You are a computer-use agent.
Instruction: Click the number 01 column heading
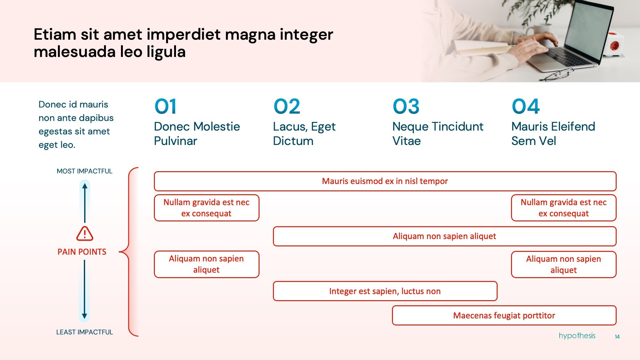pyautogui.click(x=165, y=107)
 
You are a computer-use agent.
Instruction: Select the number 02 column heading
pyautogui.click(x=287, y=107)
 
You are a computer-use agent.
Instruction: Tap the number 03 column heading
pyautogui.click(x=406, y=107)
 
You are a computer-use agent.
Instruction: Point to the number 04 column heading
pyautogui.click(x=525, y=107)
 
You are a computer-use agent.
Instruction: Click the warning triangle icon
pyautogui.click(x=85, y=234)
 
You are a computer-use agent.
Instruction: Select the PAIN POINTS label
pyautogui.click(x=82, y=252)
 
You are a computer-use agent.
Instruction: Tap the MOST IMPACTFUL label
pyautogui.click(x=84, y=171)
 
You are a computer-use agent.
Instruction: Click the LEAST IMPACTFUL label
pyautogui.click(x=84, y=332)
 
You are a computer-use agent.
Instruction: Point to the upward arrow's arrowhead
pyautogui.click(x=84, y=186)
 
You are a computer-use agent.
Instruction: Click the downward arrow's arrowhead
pyautogui.click(x=84, y=316)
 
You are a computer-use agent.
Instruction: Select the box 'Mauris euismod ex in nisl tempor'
pyautogui.click(x=385, y=181)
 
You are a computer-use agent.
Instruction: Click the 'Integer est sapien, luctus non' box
pyautogui.click(x=385, y=291)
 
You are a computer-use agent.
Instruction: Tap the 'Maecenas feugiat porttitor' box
pyautogui.click(x=504, y=316)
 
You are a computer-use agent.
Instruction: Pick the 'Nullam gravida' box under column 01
pyautogui.click(x=206, y=208)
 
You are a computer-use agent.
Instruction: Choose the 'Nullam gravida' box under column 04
pyautogui.click(x=564, y=208)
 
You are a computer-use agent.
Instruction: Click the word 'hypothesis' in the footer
pyautogui.click(x=577, y=336)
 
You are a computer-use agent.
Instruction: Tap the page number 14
pyautogui.click(x=617, y=337)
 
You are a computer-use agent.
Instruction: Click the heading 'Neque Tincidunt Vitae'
pyautogui.click(x=438, y=133)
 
